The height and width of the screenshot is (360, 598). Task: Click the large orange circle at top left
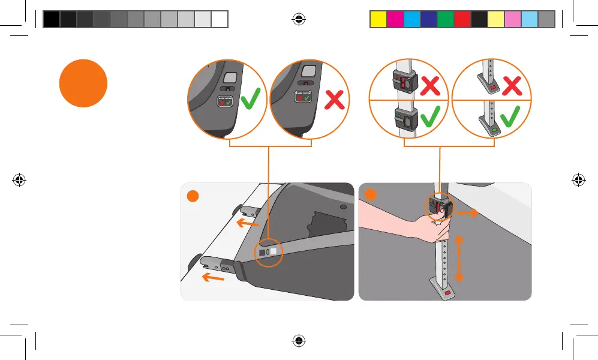pyautogui.click(x=83, y=83)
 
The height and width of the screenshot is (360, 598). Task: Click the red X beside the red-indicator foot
pyautogui.click(x=512, y=86)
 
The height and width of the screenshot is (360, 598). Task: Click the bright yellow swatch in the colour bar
pyautogui.click(x=377, y=20)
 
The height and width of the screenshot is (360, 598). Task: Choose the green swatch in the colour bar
pyautogui.click(x=445, y=20)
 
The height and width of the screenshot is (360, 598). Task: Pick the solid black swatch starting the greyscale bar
pyautogui.click(x=52, y=20)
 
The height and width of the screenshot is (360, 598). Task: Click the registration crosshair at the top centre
pyautogui.click(x=299, y=20)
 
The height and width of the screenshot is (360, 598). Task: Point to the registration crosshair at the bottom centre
pyautogui.click(x=299, y=340)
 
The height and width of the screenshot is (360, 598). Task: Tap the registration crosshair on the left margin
pyautogui.click(x=19, y=179)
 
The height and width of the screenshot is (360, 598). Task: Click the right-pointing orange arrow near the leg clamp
pyautogui.click(x=467, y=212)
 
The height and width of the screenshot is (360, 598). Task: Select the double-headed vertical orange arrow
pyautogui.click(x=459, y=259)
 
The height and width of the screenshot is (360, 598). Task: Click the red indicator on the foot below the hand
pyautogui.click(x=447, y=293)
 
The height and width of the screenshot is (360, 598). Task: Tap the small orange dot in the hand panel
pyautogui.click(x=370, y=195)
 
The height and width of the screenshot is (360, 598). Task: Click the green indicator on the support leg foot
pyautogui.click(x=495, y=129)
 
